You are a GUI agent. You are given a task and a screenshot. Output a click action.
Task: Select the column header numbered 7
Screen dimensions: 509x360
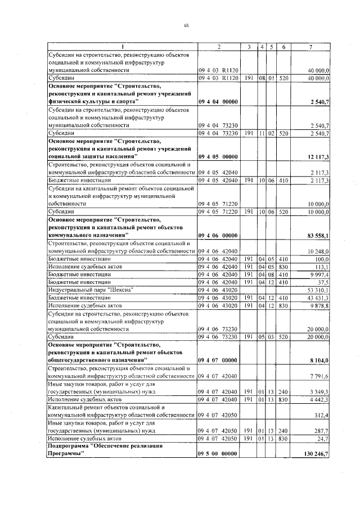pos(311,46)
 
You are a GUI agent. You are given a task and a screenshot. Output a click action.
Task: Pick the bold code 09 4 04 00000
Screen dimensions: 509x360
pos(219,101)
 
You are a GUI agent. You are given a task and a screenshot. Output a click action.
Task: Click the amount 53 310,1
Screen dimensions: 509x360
pos(325,289)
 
